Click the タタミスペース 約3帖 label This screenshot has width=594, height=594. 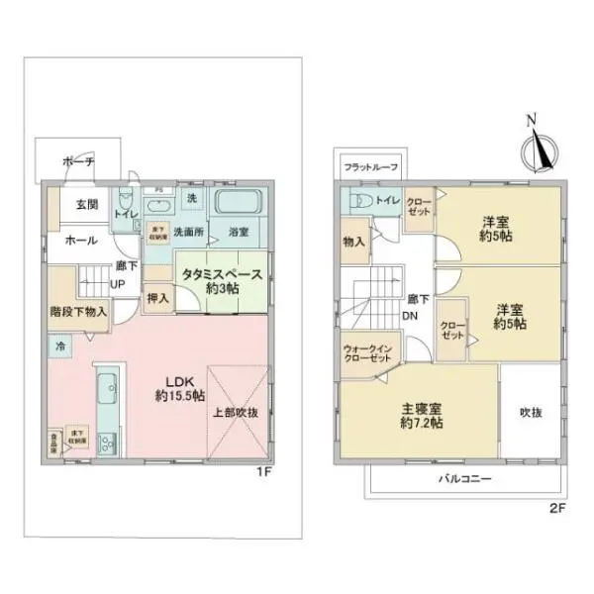coord(221,281)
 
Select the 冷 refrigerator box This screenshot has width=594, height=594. coord(59,347)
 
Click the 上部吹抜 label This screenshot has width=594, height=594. coord(236,413)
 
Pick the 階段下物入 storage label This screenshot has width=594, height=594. coord(77,310)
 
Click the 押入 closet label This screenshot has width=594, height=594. coord(157,295)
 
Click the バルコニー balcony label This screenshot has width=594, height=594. coord(465,479)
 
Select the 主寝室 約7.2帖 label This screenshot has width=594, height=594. coord(421,414)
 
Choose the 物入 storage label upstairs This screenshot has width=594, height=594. coord(354,242)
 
